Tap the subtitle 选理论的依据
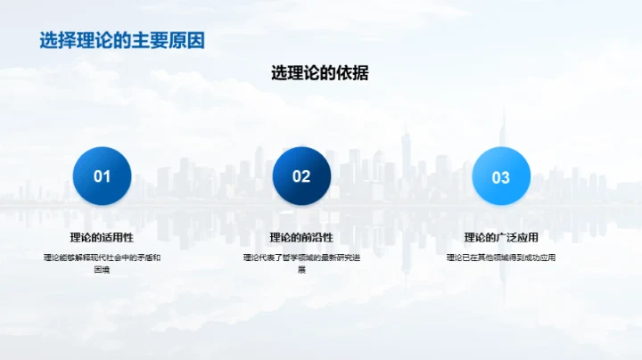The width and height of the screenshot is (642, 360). [319, 74]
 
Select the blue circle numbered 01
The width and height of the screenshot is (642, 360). [102, 176]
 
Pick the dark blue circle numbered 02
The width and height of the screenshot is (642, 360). [301, 176]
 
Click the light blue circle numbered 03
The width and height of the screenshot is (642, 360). [500, 176]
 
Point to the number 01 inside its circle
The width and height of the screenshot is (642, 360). [102, 176]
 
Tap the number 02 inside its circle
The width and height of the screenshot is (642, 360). [301, 176]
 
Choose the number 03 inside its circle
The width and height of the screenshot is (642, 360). [500, 177]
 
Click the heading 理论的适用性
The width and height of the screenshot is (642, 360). [102, 237]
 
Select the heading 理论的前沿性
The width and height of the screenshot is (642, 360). [301, 237]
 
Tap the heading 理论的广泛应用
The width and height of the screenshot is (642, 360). [500, 237]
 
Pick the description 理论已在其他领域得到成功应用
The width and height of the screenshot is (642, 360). [500, 258]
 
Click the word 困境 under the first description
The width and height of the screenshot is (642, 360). [102, 269]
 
